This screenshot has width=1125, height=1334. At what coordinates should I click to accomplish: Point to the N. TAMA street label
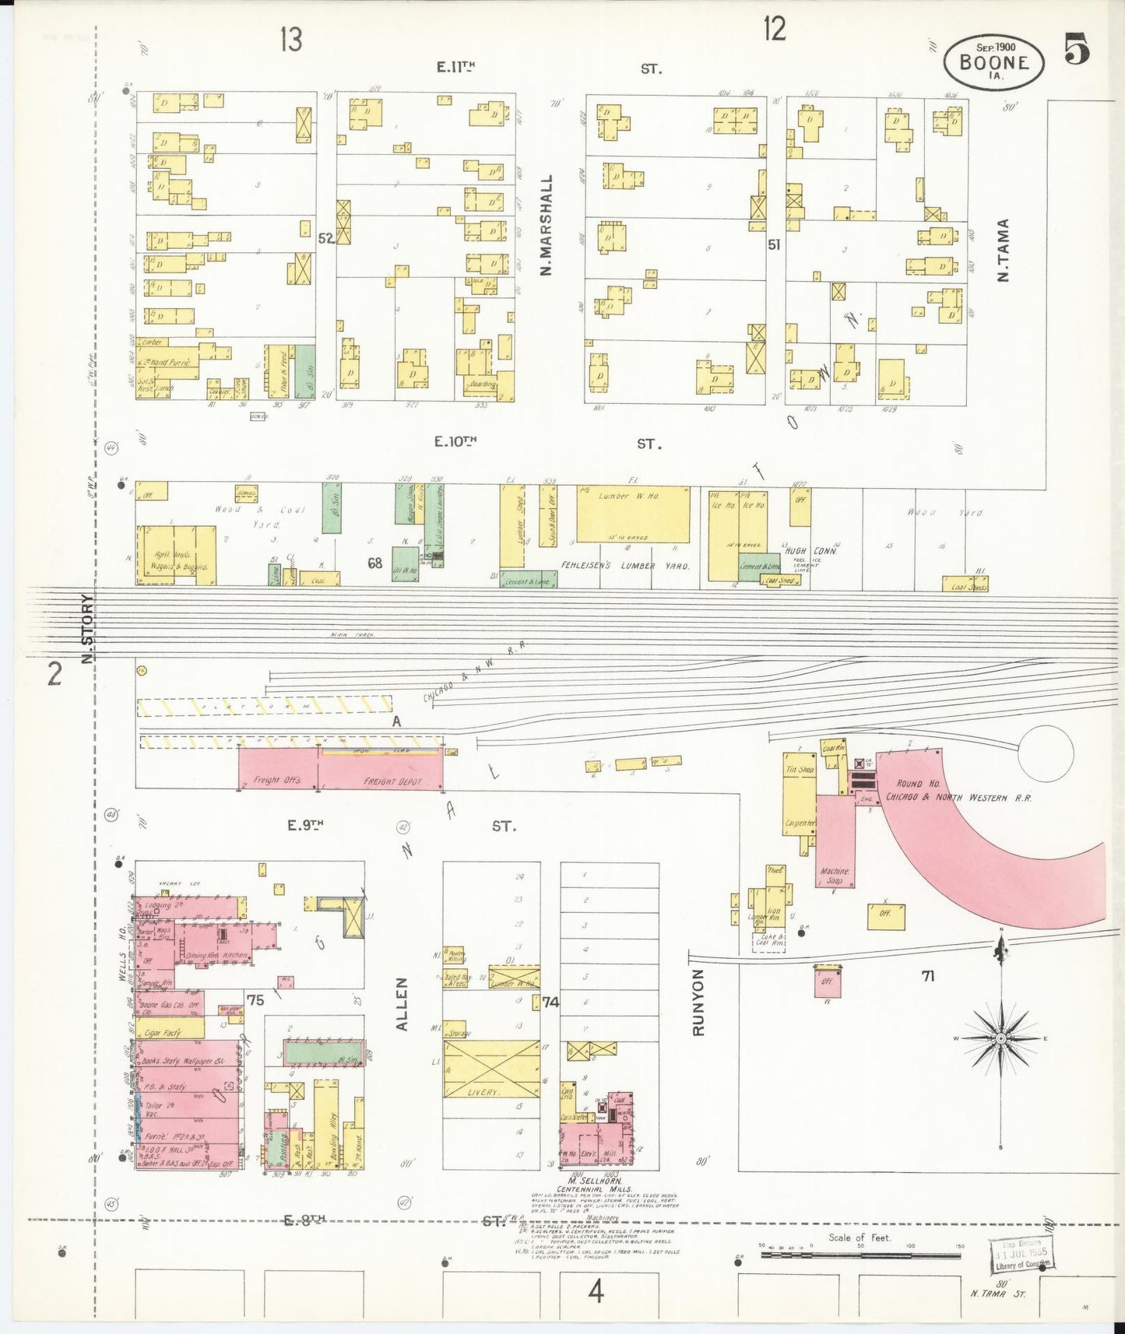point(1003,250)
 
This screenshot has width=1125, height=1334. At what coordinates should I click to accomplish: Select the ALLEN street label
point(402,1005)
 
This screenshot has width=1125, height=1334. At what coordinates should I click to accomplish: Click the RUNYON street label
point(698,1002)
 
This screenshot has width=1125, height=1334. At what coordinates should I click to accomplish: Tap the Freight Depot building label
point(392,781)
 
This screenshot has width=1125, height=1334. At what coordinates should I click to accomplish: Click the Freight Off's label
point(276,779)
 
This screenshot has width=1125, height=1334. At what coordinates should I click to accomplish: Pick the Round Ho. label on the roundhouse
point(909,784)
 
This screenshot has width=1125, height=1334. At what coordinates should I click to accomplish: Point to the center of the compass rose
point(1001,1038)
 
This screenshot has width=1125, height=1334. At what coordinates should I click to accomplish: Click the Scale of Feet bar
point(860,1255)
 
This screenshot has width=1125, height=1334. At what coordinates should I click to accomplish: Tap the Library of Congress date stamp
point(1020,1255)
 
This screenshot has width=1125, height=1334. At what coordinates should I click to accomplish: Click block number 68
point(375,563)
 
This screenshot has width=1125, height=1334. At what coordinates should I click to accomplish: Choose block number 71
point(927,976)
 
